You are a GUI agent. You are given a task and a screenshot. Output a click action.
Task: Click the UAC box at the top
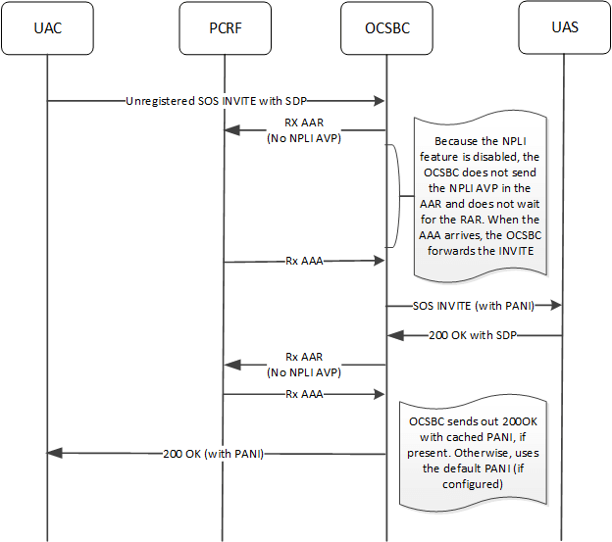point(47,27)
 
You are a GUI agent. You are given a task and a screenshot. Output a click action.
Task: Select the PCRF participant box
point(224,27)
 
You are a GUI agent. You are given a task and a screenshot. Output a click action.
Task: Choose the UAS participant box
point(564,27)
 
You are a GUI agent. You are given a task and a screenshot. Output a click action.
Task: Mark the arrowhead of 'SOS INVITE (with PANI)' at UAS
point(557,306)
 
